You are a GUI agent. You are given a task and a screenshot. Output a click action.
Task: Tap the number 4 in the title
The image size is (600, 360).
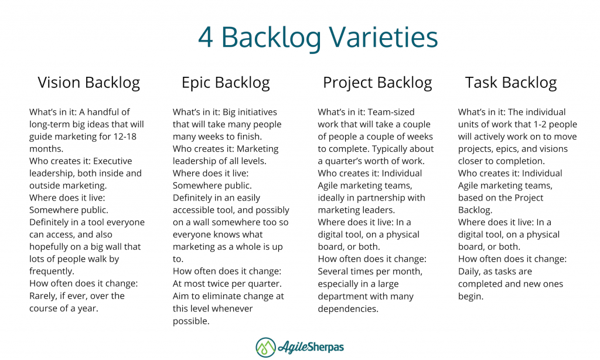pyautogui.click(x=205, y=38)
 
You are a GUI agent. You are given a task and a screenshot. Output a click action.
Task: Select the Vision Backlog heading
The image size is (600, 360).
pyautogui.click(x=89, y=83)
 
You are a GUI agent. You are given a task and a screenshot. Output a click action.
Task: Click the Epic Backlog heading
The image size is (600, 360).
pyautogui.click(x=226, y=83)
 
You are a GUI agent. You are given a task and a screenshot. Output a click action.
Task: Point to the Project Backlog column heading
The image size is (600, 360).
pyautogui.click(x=377, y=83)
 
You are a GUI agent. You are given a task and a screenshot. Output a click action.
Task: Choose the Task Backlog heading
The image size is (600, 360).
pyautogui.click(x=511, y=83)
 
